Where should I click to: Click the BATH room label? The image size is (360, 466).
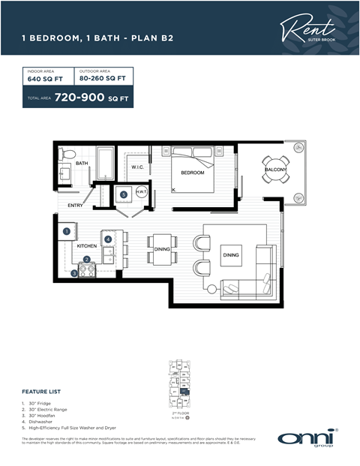82,163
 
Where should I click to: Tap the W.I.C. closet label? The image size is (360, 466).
137,167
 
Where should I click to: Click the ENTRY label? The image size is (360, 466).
76,205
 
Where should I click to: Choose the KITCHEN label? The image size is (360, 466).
87,246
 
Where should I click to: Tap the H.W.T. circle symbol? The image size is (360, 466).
139,193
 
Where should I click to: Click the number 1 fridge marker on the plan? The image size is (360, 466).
67,231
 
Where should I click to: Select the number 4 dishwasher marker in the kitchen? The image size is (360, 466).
108,239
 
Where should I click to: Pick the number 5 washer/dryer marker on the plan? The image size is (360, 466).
124,194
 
